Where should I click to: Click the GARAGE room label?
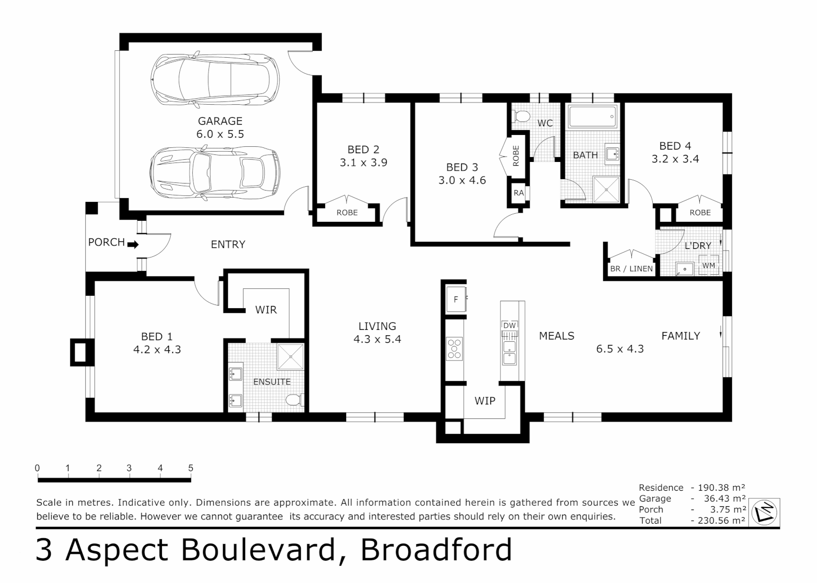tap(220, 121)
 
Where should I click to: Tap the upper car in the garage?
tap(215, 79)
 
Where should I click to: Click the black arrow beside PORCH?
tap(133, 244)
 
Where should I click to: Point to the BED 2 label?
tap(363, 150)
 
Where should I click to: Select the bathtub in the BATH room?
tap(591, 117)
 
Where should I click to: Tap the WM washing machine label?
tap(708, 266)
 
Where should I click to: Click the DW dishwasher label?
tap(509, 326)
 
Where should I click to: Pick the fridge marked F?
tap(455, 300)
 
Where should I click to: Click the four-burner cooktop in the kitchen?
tap(455, 348)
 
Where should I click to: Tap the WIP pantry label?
tap(484, 401)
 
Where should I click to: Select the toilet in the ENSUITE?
tap(293, 400)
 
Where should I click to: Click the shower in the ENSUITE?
tap(291, 356)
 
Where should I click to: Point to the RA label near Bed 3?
tap(518, 193)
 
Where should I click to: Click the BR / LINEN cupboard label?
tap(631, 268)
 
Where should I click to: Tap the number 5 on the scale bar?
tap(191, 468)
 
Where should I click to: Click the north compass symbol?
tap(765, 512)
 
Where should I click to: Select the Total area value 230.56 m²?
tap(718, 520)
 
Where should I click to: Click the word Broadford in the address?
tap(436, 550)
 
